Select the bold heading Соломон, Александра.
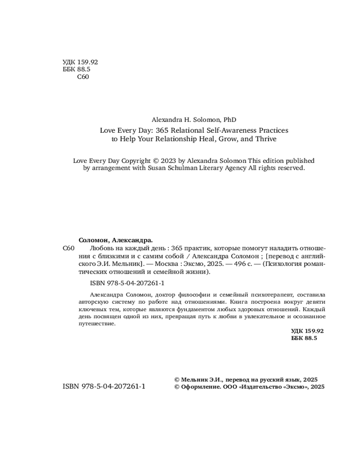coord(116,240)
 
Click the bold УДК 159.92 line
coord(308,330)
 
